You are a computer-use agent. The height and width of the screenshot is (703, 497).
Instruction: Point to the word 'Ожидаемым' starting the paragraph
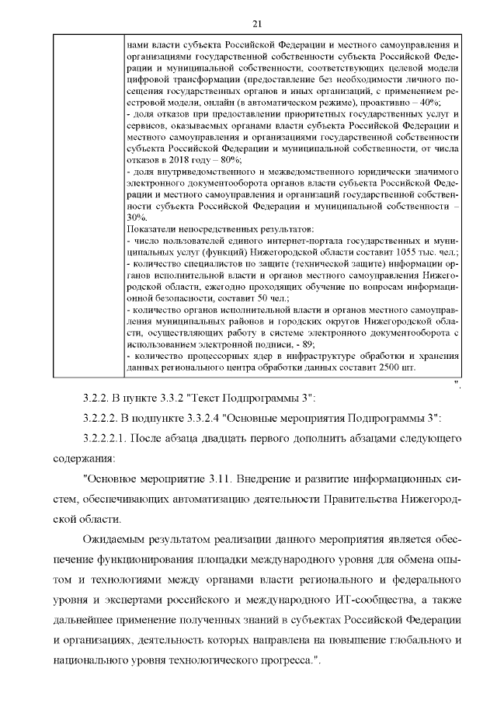(120, 541)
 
